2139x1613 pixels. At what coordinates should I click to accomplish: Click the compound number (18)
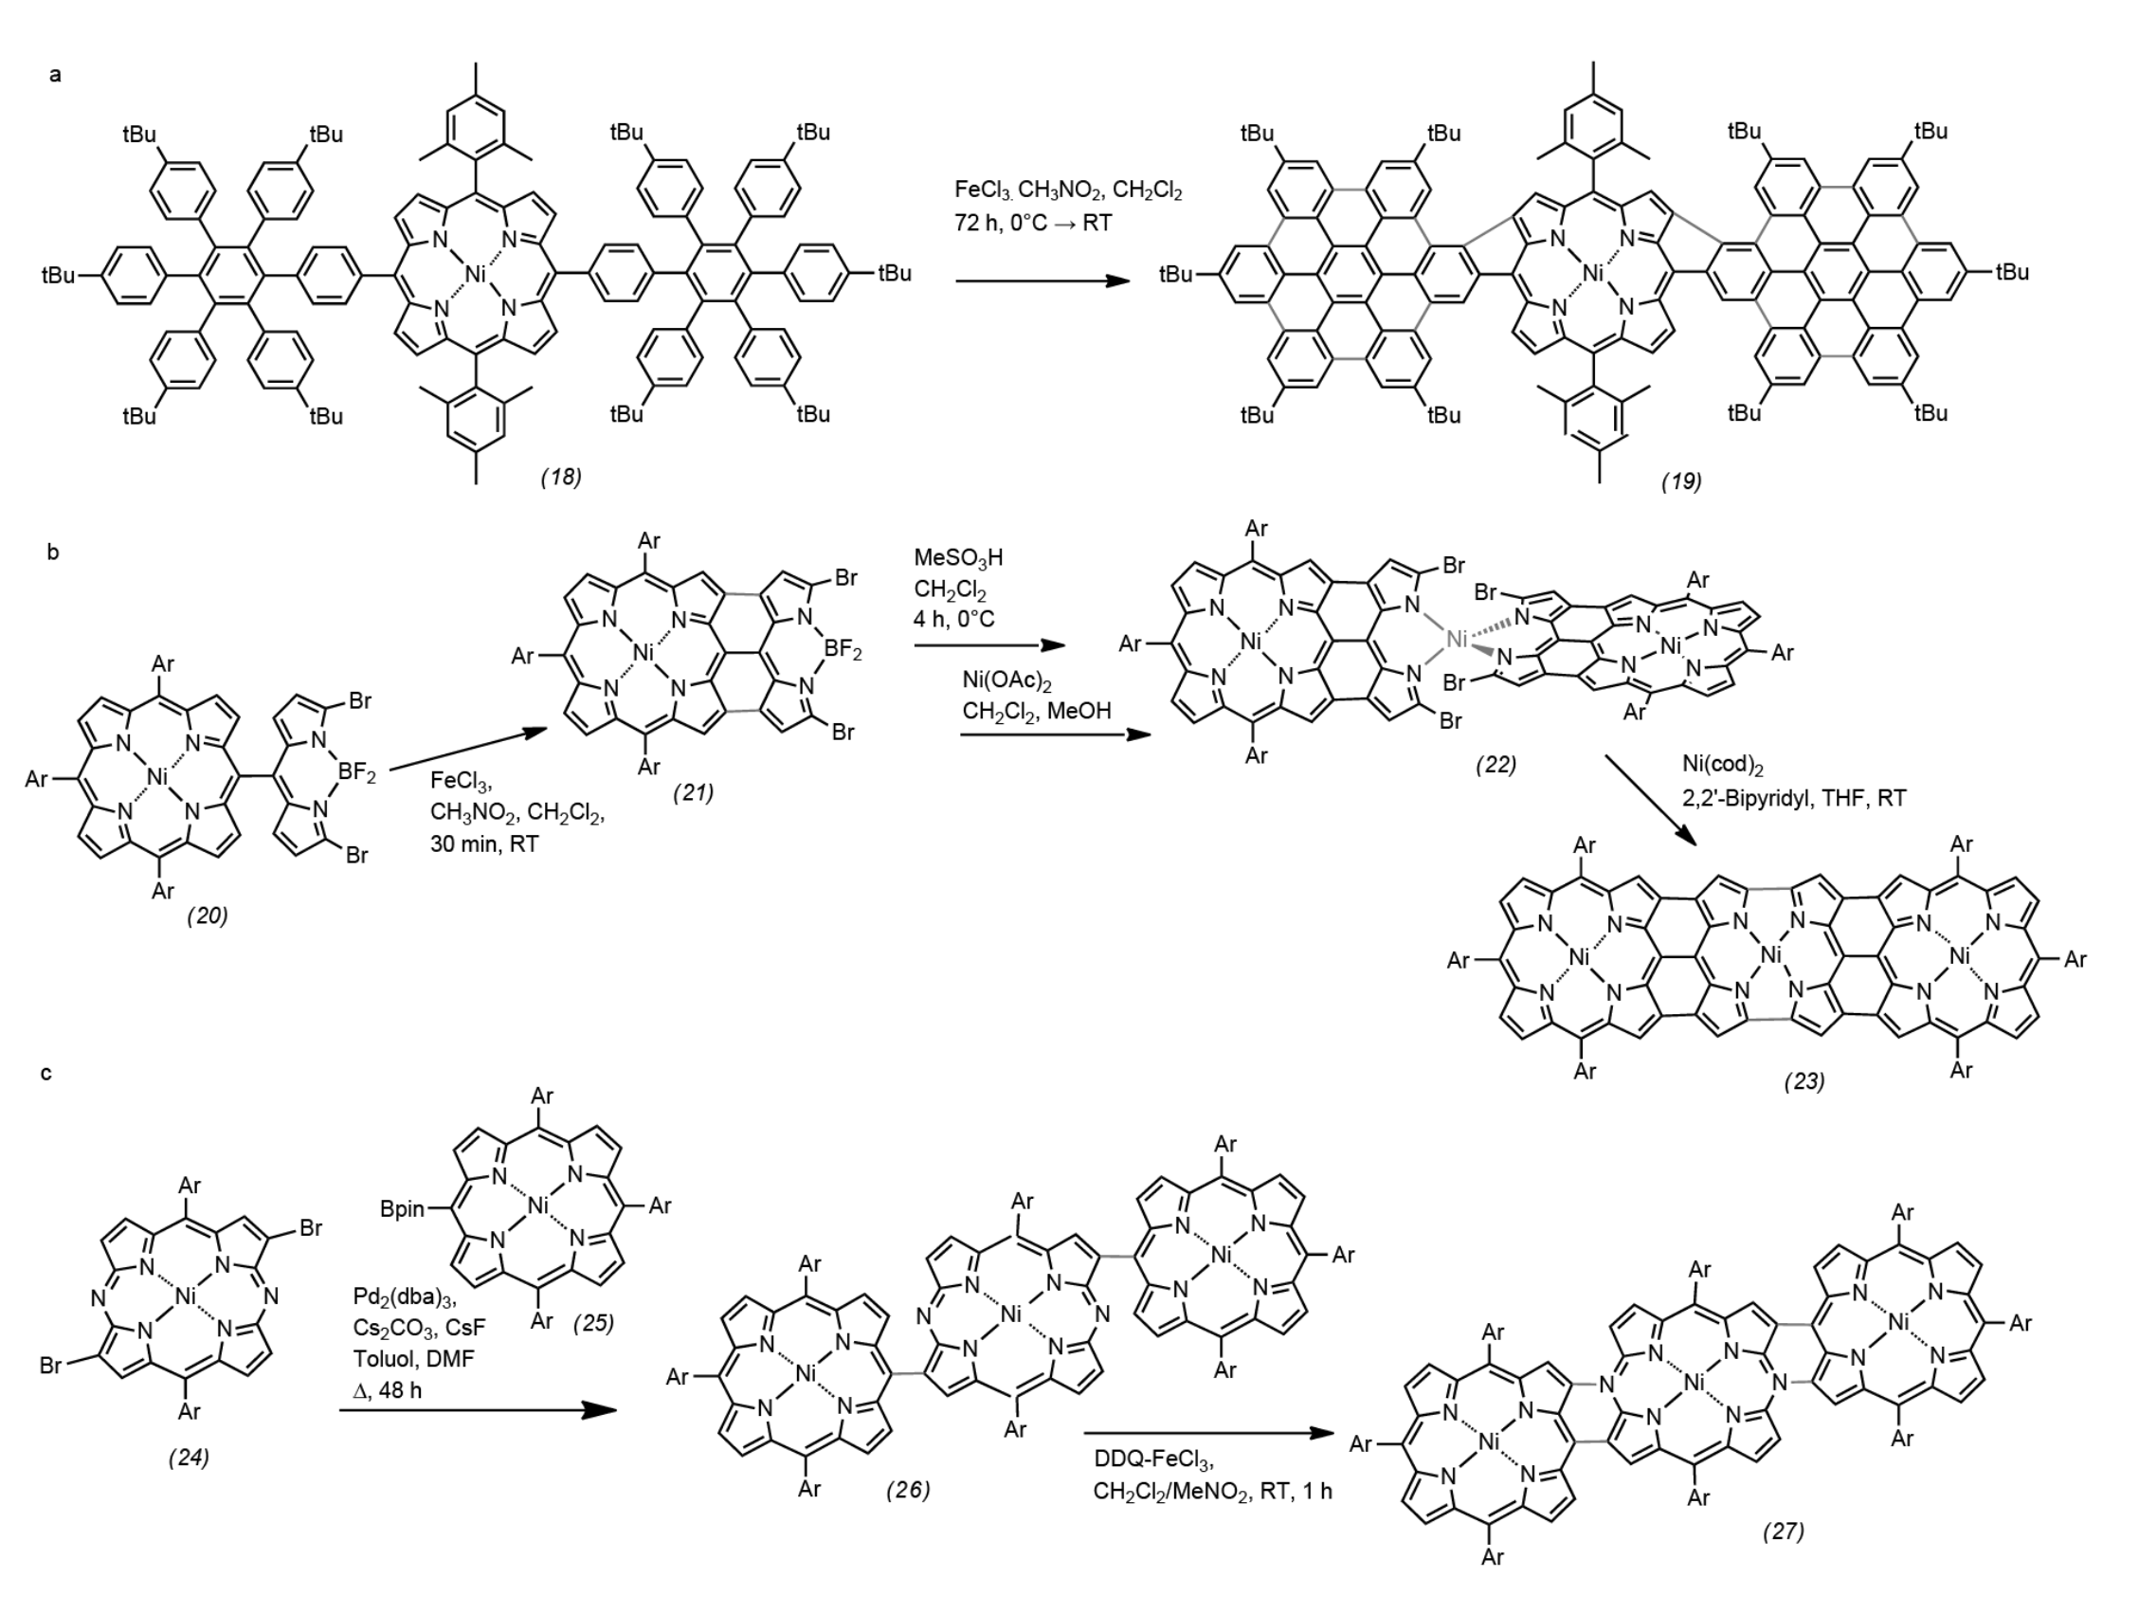point(561,477)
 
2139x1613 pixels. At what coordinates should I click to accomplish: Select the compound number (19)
point(1681,480)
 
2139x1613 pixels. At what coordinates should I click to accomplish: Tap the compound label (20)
point(208,915)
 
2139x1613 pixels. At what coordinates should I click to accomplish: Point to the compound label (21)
point(694,792)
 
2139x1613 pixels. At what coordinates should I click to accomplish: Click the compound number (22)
point(1495,764)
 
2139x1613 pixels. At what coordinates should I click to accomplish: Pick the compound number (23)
point(1804,1081)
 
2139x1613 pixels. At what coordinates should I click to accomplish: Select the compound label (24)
point(189,1457)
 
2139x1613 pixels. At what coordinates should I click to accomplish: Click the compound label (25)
point(592,1322)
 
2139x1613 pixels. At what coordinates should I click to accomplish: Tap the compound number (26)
point(908,1489)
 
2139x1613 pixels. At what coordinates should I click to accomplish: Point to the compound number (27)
point(1784,1531)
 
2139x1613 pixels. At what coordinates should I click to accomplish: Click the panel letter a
point(56,75)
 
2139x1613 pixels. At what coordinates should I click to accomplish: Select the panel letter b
point(53,552)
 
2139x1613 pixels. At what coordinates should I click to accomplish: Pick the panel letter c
point(46,1074)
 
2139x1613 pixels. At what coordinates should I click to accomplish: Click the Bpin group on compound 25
point(402,1208)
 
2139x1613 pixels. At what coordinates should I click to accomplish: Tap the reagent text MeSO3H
point(958,558)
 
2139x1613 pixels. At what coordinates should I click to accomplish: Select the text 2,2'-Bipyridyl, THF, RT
point(1795,798)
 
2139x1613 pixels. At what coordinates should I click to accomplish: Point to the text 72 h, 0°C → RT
point(1033,223)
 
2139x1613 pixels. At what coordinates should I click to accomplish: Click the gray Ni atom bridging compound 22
point(1457,638)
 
